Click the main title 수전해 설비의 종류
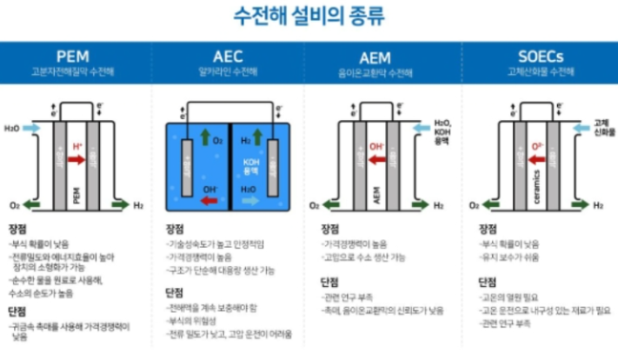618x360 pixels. tap(309, 16)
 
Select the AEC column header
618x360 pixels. tap(231, 54)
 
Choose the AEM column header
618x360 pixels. tap(386, 54)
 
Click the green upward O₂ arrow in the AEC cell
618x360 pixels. tap(204, 137)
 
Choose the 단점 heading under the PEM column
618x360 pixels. tap(18, 310)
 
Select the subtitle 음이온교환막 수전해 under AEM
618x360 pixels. tap(386, 71)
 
